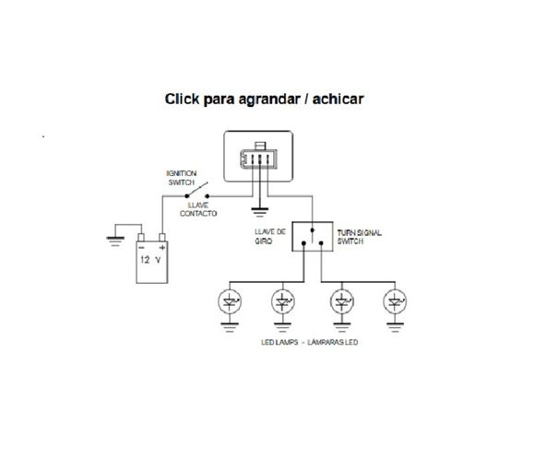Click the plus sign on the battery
pos(163,246)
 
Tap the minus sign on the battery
pos(141,246)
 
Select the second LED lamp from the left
pos(283,302)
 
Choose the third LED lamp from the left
pos(344,302)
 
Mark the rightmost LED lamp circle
pos(396,302)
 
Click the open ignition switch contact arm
pos(196,193)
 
